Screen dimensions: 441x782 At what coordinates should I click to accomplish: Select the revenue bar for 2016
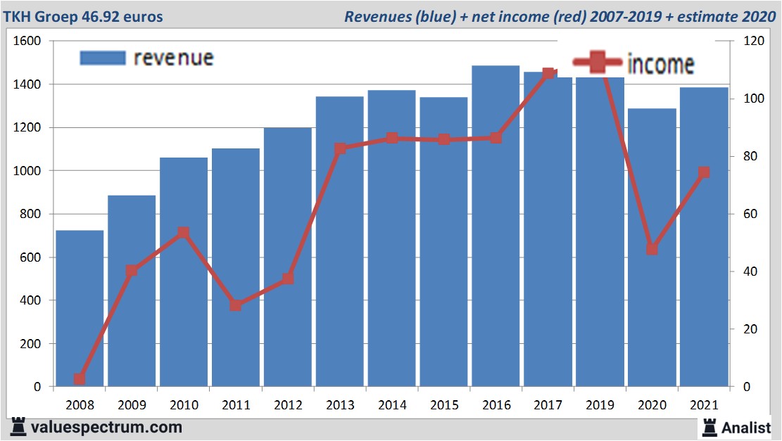point(496,225)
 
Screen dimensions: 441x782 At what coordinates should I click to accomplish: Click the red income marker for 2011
point(236,305)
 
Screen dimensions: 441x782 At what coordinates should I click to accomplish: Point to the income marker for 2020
point(652,249)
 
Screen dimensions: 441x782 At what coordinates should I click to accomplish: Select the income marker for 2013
point(340,149)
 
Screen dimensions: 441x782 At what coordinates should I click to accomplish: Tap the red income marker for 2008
point(80,379)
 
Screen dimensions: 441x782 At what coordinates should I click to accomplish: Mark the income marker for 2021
point(704,173)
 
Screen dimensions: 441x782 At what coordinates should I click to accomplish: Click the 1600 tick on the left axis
point(27,41)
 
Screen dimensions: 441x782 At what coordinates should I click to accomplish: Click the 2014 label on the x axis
point(392,406)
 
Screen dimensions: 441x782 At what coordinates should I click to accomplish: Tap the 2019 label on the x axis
point(600,406)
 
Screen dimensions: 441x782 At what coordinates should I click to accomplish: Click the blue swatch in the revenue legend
point(103,58)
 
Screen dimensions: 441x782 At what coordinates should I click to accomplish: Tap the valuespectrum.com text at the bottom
point(106,427)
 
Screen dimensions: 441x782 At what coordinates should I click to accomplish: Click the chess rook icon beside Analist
point(710,426)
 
